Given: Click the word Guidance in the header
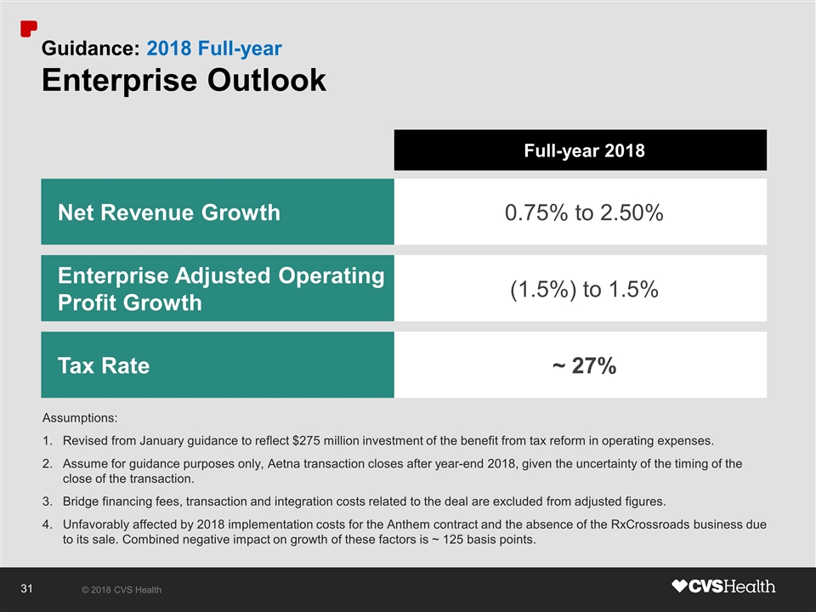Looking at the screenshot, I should click(90, 49).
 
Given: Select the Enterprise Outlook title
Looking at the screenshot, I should click(184, 80).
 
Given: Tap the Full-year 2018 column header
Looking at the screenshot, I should click(581, 151).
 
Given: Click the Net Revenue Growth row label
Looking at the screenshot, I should click(168, 212).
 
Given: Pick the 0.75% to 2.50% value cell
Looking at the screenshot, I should click(583, 212).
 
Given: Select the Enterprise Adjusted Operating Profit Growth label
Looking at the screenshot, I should click(220, 289).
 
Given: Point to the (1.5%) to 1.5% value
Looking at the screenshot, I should click(583, 290).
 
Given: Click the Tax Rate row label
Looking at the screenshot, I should click(103, 366).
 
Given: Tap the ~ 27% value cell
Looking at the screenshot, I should click(583, 366).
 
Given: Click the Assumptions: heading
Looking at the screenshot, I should click(80, 418).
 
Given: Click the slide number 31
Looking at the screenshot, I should click(25, 588).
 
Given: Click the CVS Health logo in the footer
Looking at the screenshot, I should click(723, 586).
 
